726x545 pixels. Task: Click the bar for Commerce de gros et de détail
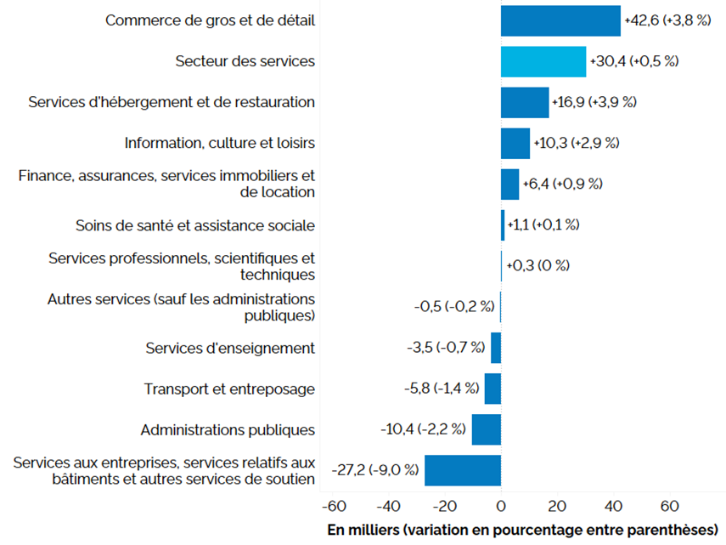560,20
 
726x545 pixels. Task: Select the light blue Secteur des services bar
543,61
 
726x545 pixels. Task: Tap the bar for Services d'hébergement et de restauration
525,102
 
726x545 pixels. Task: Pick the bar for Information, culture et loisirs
515,143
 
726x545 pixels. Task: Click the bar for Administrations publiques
487,429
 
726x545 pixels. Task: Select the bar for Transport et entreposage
492,389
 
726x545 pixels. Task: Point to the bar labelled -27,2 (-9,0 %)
463,470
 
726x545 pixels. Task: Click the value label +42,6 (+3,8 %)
667,20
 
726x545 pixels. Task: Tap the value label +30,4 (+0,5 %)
633,61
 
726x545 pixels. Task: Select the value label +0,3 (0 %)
537,265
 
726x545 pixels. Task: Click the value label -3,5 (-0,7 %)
446,348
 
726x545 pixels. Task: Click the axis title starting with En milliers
524,530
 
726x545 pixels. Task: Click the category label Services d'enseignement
230,348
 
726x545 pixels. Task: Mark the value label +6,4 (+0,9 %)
562,184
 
